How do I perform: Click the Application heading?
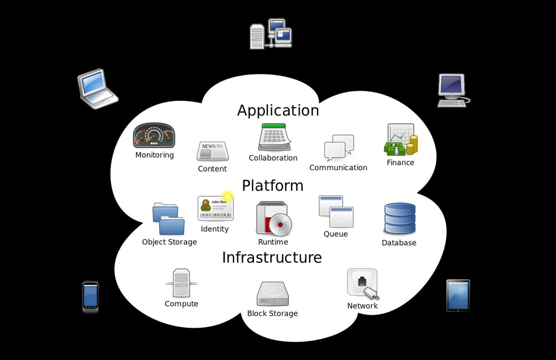tap(278, 110)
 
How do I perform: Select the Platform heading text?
tap(272, 186)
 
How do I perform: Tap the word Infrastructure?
tap(272, 258)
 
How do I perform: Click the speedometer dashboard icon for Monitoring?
tap(154, 135)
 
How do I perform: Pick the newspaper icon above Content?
tap(212, 151)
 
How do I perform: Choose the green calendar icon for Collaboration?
tap(274, 137)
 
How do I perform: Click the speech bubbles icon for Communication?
tap(339, 147)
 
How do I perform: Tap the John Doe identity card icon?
tap(215, 208)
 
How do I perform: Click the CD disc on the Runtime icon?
tap(281, 225)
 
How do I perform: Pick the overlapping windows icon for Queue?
tap(336, 211)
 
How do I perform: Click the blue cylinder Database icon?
tap(400, 218)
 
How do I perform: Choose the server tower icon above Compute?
tap(181, 283)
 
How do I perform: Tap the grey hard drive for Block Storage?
tap(272, 294)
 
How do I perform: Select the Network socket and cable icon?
tap(363, 284)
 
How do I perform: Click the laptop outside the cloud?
tap(97, 89)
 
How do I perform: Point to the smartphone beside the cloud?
tap(90, 297)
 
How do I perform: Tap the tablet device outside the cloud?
tap(458, 296)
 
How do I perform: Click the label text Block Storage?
tap(272, 313)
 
